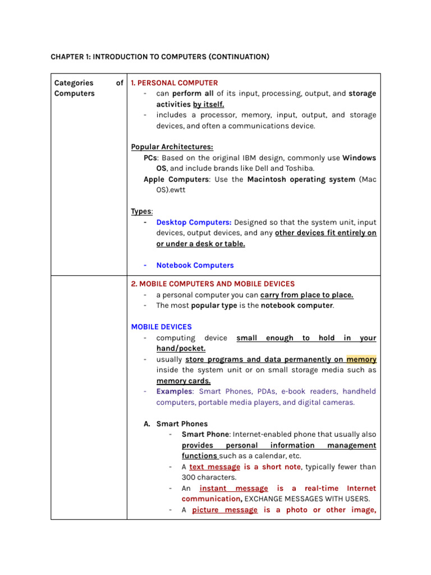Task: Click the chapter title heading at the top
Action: point(160,57)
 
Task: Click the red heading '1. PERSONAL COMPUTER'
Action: point(174,83)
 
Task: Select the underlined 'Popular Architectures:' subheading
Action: point(172,147)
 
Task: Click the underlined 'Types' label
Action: point(141,212)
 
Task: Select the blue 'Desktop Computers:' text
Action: point(194,222)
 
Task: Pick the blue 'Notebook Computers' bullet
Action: point(195,265)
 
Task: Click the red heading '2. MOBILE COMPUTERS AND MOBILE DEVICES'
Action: point(213,284)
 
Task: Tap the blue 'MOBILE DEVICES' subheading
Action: point(161,327)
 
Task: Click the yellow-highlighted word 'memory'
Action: point(361,359)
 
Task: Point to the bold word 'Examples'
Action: point(174,391)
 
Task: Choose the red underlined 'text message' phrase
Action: point(215,467)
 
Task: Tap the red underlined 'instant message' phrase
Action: point(233,489)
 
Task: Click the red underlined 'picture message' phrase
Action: point(224,510)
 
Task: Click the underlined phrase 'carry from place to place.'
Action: point(307,295)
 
